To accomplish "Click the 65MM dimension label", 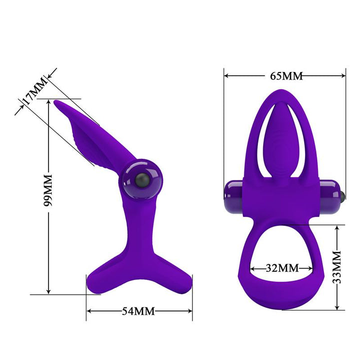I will click(286, 76).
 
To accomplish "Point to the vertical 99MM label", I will click(48, 192).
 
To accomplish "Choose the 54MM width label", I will click(138, 311).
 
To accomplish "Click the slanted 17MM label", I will click(33, 92).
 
